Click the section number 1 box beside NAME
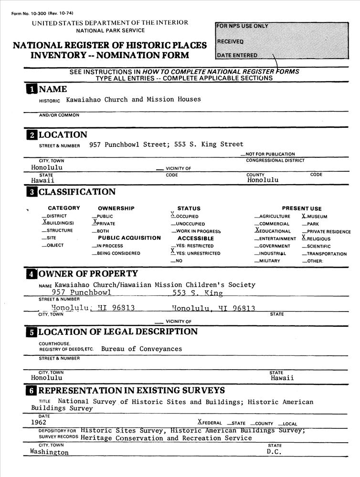(x=31, y=89)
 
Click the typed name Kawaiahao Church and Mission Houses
(x=133, y=100)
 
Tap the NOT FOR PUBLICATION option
(x=270, y=154)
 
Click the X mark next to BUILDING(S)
(x=44, y=222)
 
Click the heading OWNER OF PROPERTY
(x=87, y=274)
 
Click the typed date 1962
(x=38, y=422)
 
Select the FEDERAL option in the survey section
(x=210, y=423)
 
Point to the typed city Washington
(x=49, y=452)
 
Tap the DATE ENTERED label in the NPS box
(x=237, y=55)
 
